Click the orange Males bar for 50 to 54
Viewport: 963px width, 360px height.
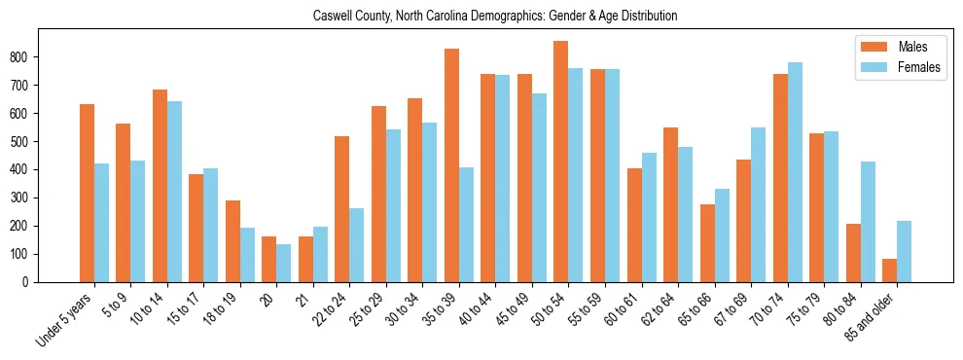561,162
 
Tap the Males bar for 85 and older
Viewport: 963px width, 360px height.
890,270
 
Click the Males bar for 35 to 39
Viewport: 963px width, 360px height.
451,165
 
